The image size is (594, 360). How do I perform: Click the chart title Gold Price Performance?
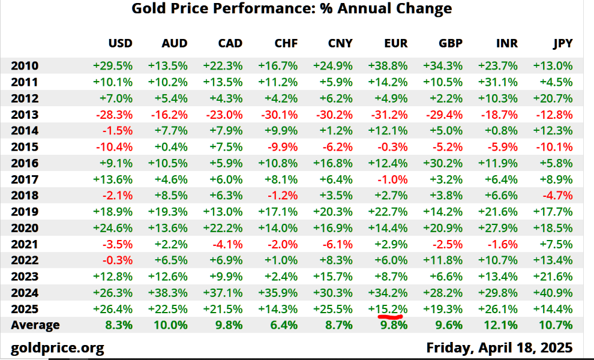[291, 8]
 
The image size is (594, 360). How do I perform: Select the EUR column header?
[395, 43]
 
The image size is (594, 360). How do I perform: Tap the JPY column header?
[563, 43]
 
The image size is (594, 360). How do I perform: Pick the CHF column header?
[286, 43]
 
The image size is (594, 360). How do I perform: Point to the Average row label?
[35, 325]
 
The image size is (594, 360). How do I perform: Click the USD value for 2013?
[112, 115]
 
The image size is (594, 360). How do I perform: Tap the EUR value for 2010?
[388, 66]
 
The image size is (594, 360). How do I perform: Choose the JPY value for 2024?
[553, 293]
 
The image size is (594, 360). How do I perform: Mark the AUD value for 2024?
[167, 293]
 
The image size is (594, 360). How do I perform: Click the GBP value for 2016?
[443, 163]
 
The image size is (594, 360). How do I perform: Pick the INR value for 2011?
[498, 82]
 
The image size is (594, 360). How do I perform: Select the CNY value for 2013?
[333, 115]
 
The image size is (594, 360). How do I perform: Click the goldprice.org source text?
[58, 347]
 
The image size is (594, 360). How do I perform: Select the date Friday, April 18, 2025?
[499, 347]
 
